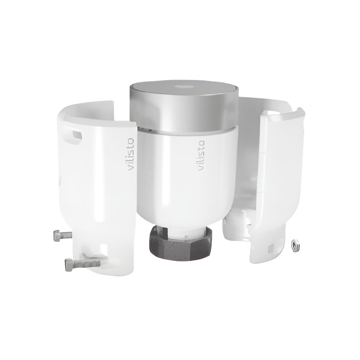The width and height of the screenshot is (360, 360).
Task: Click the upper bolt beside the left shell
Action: coord(63,235)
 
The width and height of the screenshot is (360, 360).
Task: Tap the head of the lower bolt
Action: coord(69,265)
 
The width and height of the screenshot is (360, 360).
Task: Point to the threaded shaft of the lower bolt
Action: coord(86,264)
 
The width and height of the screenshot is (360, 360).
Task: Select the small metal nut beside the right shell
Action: coord(295,245)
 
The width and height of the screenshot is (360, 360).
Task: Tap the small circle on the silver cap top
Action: coord(184,87)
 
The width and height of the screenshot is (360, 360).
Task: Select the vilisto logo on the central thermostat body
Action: coord(201,156)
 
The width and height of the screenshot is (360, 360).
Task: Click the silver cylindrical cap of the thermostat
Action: coord(184,105)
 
